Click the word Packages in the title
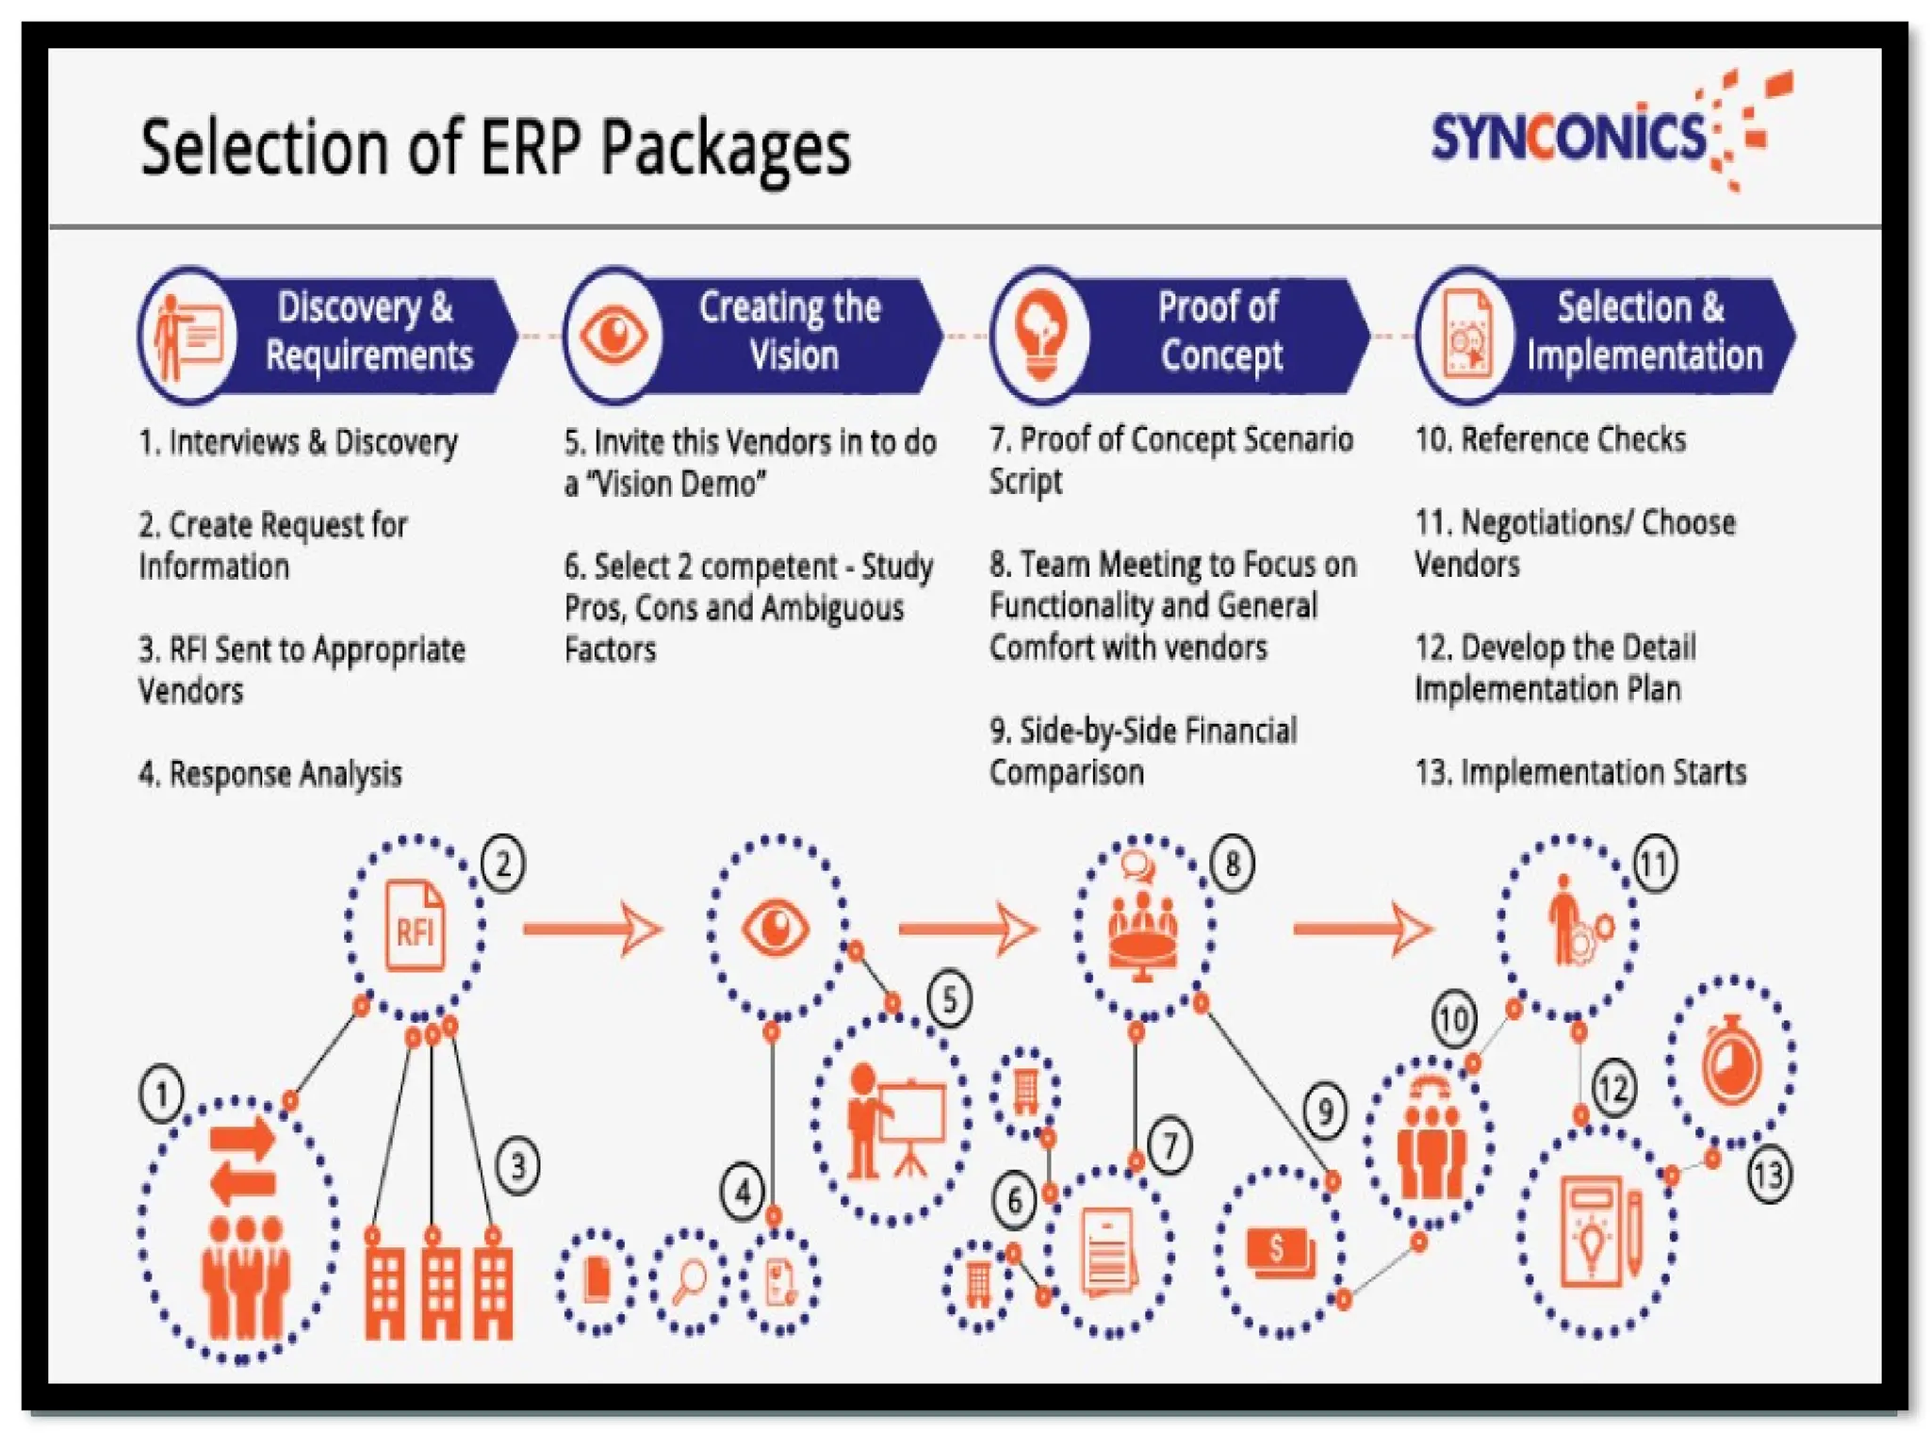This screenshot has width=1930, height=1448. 726,149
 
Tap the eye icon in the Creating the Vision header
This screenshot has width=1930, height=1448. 613,335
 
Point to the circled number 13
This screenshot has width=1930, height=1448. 1768,1175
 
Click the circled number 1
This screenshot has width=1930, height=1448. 161,1094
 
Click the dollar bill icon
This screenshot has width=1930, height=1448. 1279,1251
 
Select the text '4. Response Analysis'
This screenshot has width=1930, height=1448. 270,774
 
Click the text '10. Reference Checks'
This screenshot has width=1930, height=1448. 1550,439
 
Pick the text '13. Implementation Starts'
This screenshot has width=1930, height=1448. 1580,772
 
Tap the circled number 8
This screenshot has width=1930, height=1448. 1232,863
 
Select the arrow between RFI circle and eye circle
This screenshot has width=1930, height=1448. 593,929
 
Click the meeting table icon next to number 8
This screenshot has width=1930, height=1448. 1143,929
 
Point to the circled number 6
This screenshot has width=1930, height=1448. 1014,1201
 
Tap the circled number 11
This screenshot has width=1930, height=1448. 1655,864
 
